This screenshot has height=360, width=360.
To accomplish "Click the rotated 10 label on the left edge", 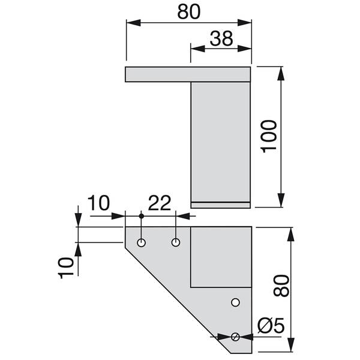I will (67, 265).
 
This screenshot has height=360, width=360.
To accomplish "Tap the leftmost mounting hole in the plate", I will (141, 242).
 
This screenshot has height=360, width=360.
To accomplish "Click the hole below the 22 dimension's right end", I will (176, 242).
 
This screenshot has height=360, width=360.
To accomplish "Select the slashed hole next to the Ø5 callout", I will (236, 337).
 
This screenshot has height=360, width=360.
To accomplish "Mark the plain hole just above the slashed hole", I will (236, 302).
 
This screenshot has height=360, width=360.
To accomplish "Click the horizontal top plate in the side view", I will (187, 74).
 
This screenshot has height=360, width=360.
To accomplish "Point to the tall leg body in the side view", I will (220, 141).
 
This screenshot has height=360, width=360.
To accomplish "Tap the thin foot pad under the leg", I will (220, 205).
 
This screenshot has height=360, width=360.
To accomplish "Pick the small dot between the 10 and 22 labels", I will (141, 215).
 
